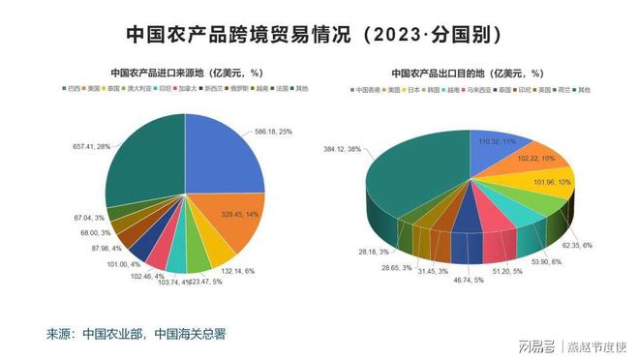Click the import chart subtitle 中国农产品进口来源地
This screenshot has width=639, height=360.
(x=186, y=72)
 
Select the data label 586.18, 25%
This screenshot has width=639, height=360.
(x=280, y=131)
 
